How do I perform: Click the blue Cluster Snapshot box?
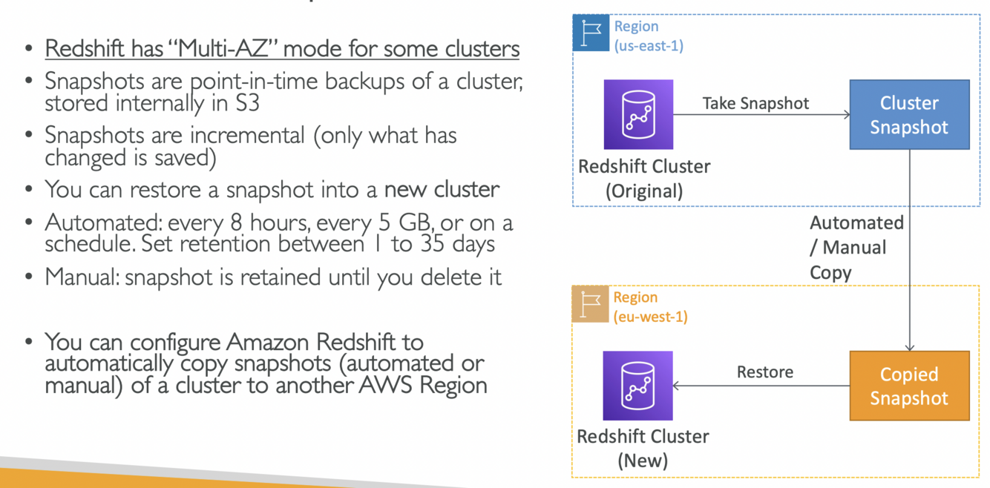[909, 115]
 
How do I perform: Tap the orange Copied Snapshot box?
[909, 386]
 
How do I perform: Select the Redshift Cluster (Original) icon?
[638, 115]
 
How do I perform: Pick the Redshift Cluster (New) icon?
[638, 386]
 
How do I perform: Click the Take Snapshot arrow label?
[755, 103]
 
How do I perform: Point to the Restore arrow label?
[764, 372]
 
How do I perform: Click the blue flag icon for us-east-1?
[591, 33]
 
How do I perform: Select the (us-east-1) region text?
[649, 46]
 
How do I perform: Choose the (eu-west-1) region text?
[650, 317]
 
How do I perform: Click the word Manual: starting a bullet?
[82, 277]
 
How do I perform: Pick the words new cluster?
[442, 190]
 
